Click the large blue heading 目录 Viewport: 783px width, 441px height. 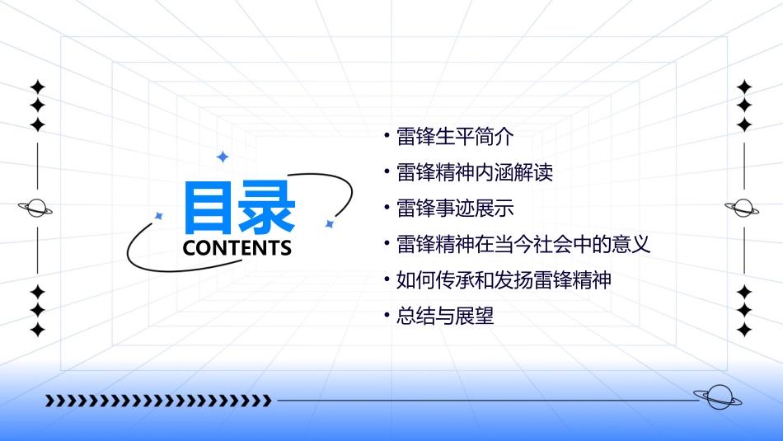point(240,207)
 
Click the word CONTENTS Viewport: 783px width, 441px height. point(237,248)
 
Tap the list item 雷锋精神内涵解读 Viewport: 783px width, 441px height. point(474,173)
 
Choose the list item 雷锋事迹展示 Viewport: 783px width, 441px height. point(454,209)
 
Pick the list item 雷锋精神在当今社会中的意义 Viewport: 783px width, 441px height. point(523,244)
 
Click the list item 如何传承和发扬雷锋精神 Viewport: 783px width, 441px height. point(504,279)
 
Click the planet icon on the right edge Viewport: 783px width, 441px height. point(743,208)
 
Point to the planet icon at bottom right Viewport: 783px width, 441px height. point(717,397)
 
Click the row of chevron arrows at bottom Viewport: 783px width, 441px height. point(158,401)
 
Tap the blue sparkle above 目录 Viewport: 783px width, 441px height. point(222,157)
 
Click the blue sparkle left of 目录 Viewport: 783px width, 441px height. point(159,216)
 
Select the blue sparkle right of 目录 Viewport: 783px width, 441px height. point(329,223)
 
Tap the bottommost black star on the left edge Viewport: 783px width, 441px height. point(37,330)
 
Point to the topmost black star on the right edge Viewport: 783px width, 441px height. point(744,86)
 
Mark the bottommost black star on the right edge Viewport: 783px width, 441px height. point(744,330)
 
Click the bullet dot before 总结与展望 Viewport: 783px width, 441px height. point(387,315)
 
